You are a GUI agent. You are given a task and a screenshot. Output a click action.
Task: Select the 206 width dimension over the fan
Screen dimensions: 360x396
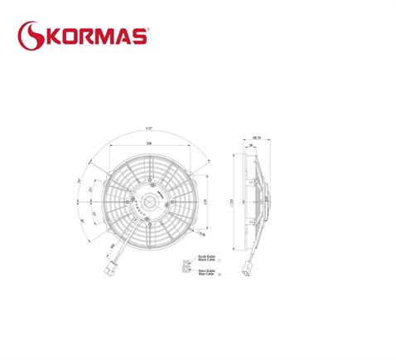149,144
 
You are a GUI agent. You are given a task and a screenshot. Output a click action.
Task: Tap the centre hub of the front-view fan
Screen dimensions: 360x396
149,200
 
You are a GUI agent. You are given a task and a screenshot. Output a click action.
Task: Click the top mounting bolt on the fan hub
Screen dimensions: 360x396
149,178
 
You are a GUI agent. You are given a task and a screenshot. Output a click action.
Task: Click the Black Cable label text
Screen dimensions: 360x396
207,260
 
